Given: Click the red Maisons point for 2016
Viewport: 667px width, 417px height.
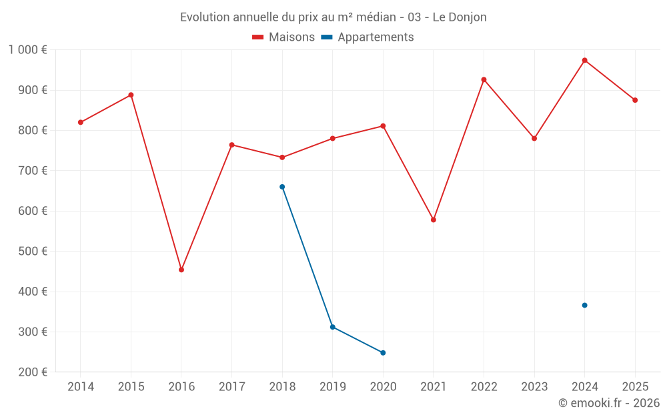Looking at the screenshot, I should click(181, 270).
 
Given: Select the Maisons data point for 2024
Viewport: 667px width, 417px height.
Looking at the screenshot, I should click(584, 60).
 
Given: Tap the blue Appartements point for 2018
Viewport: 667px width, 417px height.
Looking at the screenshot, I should click(282, 187).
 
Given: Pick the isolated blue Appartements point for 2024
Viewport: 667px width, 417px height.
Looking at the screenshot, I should click(584, 305).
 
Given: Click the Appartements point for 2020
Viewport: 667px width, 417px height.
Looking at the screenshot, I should click(383, 352).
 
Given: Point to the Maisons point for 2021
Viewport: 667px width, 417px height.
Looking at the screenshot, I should click(434, 220).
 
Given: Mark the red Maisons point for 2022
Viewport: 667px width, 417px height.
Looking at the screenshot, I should click(484, 79).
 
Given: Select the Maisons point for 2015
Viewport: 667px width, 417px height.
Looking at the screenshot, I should click(131, 95).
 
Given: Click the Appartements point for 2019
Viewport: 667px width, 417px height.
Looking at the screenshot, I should click(332, 327).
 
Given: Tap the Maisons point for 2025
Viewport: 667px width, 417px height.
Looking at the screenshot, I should click(635, 100).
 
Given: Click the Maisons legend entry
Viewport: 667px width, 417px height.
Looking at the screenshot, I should click(283, 37).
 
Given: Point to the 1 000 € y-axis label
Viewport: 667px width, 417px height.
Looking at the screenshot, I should click(27, 49).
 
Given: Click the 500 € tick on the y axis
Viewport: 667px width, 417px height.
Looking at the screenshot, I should click(34, 252).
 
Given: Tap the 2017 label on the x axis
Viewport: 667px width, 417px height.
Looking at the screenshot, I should click(231, 387).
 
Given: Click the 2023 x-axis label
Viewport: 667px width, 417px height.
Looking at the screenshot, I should click(534, 387).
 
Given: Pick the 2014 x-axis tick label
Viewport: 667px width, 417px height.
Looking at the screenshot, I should click(81, 387).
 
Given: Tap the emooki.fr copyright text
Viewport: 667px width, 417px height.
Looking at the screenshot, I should click(608, 403).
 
